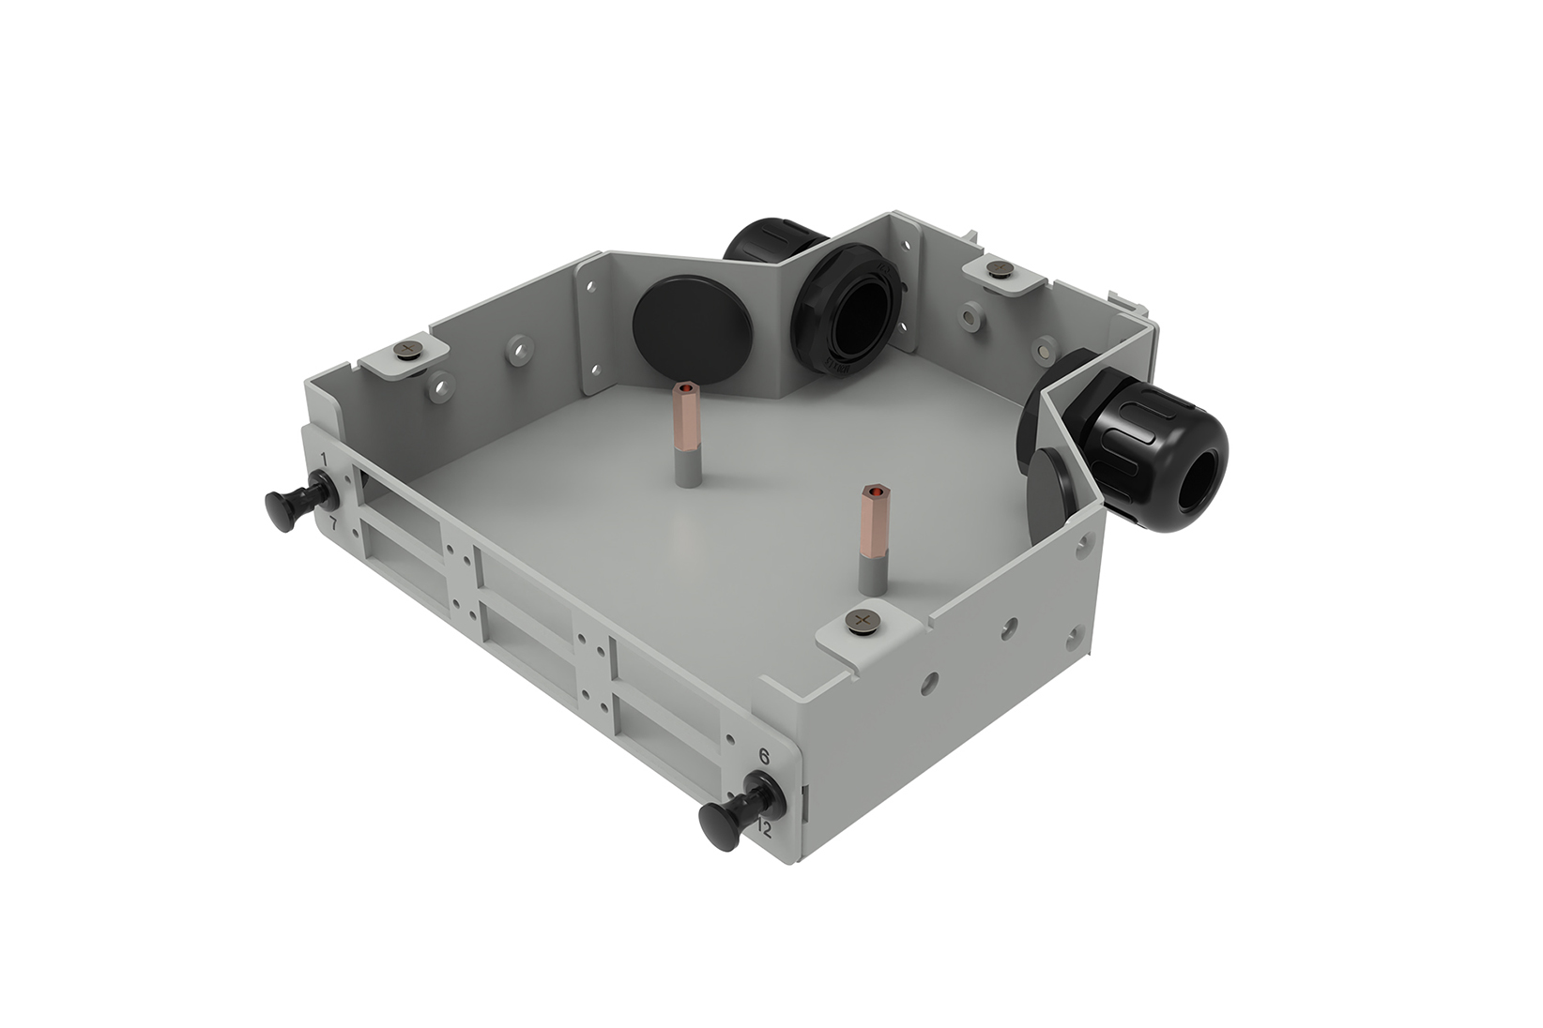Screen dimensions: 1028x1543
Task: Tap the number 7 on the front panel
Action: coord(332,522)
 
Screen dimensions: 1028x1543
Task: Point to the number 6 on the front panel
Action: coord(764,756)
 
